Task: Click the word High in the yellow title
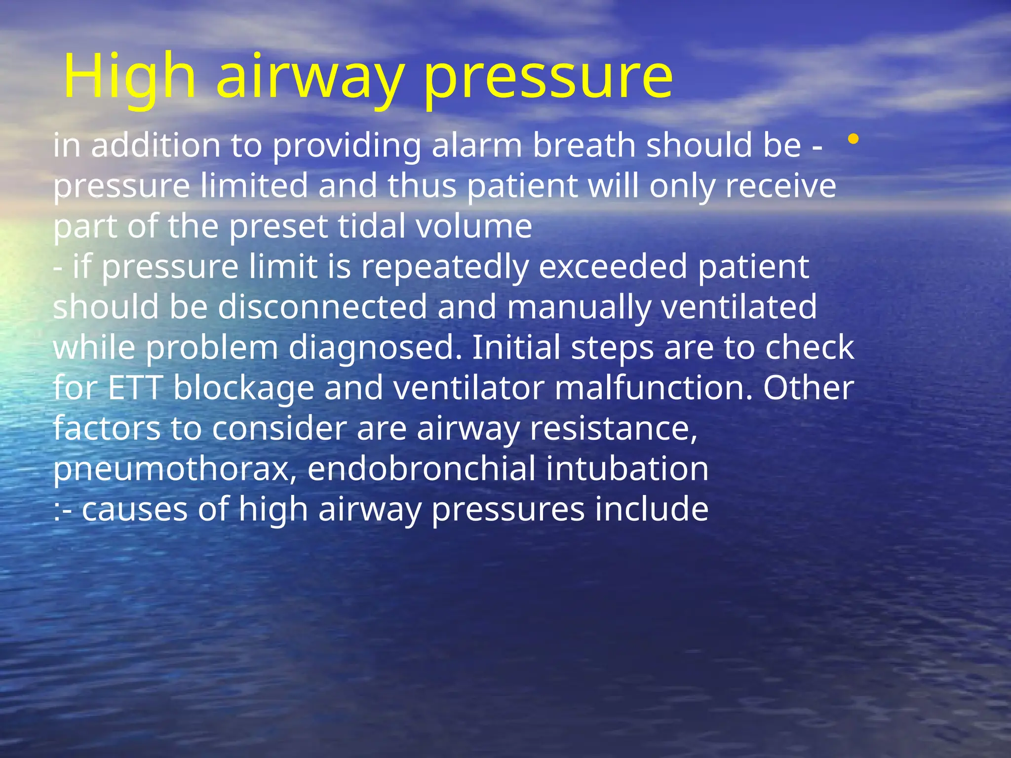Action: pyautogui.click(x=129, y=76)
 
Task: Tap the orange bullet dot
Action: pyautogui.click(x=853, y=140)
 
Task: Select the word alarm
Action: pyautogui.click(x=477, y=146)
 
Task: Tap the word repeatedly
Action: pyautogui.click(x=444, y=267)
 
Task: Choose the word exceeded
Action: pyautogui.click(x=613, y=267)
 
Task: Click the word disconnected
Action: pyautogui.click(x=322, y=307)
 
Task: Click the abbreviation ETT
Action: pyautogui.click(x=135, y=388)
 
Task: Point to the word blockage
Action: pyautogui.click(x=244, y=388)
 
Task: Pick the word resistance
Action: pyautogui.click(x=613, y=429)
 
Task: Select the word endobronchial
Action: pyautogui.click(x=421, y=469)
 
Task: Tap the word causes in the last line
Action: pyautogui.click(x=135, y=510)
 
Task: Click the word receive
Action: pyautogui.click(x=780, y=186)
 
